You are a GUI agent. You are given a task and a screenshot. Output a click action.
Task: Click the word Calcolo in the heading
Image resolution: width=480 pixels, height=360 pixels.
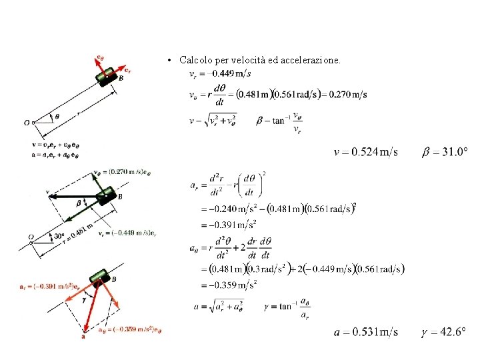(x=195, y=61)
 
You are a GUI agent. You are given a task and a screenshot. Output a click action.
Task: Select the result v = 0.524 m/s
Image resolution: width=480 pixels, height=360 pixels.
(x=366, y=153)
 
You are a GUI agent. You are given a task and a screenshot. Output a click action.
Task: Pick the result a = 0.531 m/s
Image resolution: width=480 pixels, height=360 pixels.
(x=366, y=331)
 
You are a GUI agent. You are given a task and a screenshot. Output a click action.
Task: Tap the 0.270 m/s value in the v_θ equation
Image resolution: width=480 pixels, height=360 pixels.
(x=349, y=95)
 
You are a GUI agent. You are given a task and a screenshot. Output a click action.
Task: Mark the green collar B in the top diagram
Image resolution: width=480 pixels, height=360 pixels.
(x=105, y=78)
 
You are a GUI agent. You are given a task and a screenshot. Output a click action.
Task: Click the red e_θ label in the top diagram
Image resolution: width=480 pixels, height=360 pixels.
(x=100, y=59)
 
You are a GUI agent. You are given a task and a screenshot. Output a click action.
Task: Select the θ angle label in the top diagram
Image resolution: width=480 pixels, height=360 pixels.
(x=56, y=116)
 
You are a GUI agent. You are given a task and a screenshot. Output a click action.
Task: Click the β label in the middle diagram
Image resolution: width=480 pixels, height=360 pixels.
(x=78, y=202)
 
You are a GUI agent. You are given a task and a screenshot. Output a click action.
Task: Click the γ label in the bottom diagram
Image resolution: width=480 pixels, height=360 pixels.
(x=83, y=300)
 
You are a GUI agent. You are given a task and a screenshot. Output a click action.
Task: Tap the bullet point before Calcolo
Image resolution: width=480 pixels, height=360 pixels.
(x=171, y=61)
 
